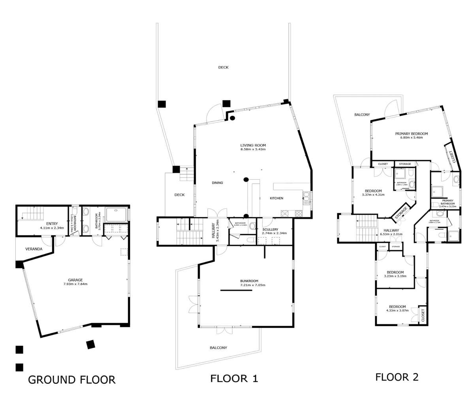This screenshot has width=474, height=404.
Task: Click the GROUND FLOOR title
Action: pos(72,380)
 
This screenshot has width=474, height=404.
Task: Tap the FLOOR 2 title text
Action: pos(397,377)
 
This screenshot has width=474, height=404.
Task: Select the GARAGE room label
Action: pos(75,279)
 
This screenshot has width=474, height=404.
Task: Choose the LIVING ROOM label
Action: pos(253,145)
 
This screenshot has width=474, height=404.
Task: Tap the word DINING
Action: pos(217,183)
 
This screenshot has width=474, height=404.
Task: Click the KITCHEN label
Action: pos(276,198)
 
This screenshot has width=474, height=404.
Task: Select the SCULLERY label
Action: pos(270,230)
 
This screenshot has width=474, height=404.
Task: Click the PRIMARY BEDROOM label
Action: pos(411,134)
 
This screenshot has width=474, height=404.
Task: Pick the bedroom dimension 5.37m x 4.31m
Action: pos(373,195)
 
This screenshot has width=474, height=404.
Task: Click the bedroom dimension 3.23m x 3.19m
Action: pos(395,276)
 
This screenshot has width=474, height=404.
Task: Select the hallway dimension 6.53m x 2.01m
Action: pos(391,234)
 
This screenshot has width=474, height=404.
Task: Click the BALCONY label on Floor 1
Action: pos(218,348)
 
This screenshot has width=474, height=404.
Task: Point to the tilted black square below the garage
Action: pos(90,344)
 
